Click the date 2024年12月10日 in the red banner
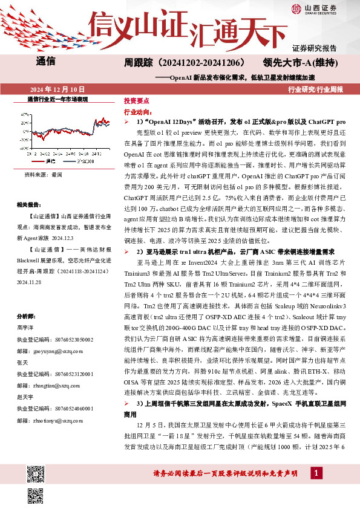[x=54, y=89]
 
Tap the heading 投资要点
[x=136, y=102]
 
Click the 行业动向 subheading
[x=137, y=112]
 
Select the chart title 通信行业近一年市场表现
[x=58, y=99]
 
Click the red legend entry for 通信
[x=49, y=162]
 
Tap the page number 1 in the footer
[x=316, y=488]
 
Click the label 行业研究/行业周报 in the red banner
[x=315, y=89]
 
